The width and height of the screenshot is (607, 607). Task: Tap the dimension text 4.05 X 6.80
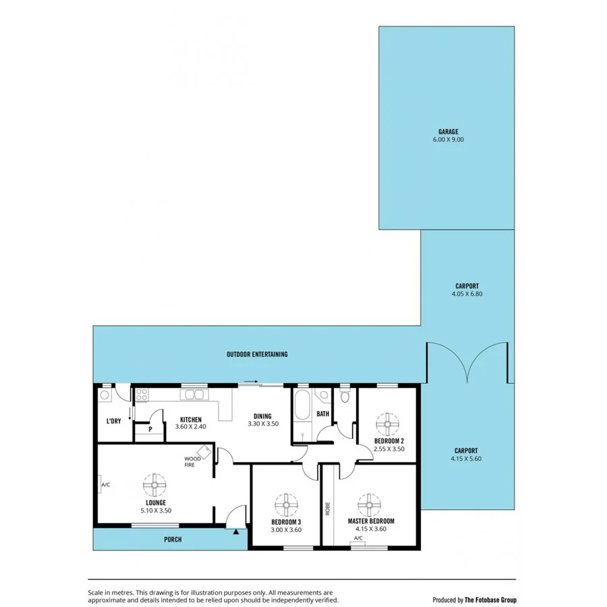click(467, 294)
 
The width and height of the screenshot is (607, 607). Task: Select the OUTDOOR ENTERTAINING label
click(257, 354)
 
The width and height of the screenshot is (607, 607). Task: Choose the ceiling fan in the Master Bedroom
click(370, 504)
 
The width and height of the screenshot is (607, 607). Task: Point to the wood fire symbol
click(204, 452)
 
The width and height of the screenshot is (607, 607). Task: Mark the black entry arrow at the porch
click(235, 531)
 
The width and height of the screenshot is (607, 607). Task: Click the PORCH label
click(173, 540)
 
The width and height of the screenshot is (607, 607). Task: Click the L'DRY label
click(113, 422)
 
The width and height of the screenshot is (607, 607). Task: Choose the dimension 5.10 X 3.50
click(156, 511)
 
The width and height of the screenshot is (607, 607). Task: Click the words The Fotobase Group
click(490, 599)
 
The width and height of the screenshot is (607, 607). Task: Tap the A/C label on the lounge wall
click(105, 484)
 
